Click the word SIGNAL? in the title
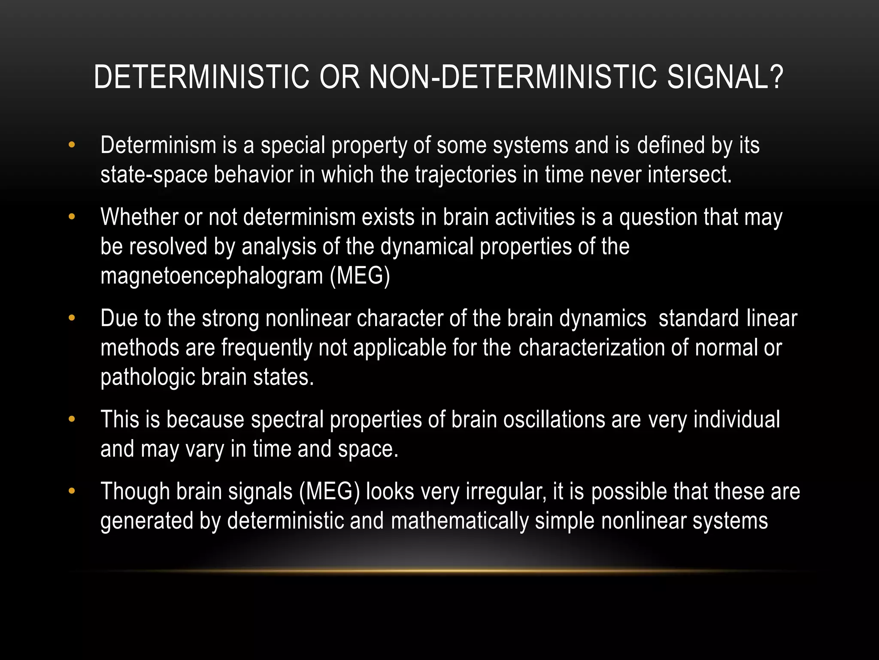tap(725, 77)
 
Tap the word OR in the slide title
tap(339, 77)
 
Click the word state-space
tap(154, 175)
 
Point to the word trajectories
tap(466, 175)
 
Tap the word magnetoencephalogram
tap(212, 276)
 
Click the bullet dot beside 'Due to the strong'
tap(72, 318)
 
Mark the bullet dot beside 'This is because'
tap(72, 419)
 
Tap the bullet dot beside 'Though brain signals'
tap(72, 492)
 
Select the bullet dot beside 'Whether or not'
tap(72, 217)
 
